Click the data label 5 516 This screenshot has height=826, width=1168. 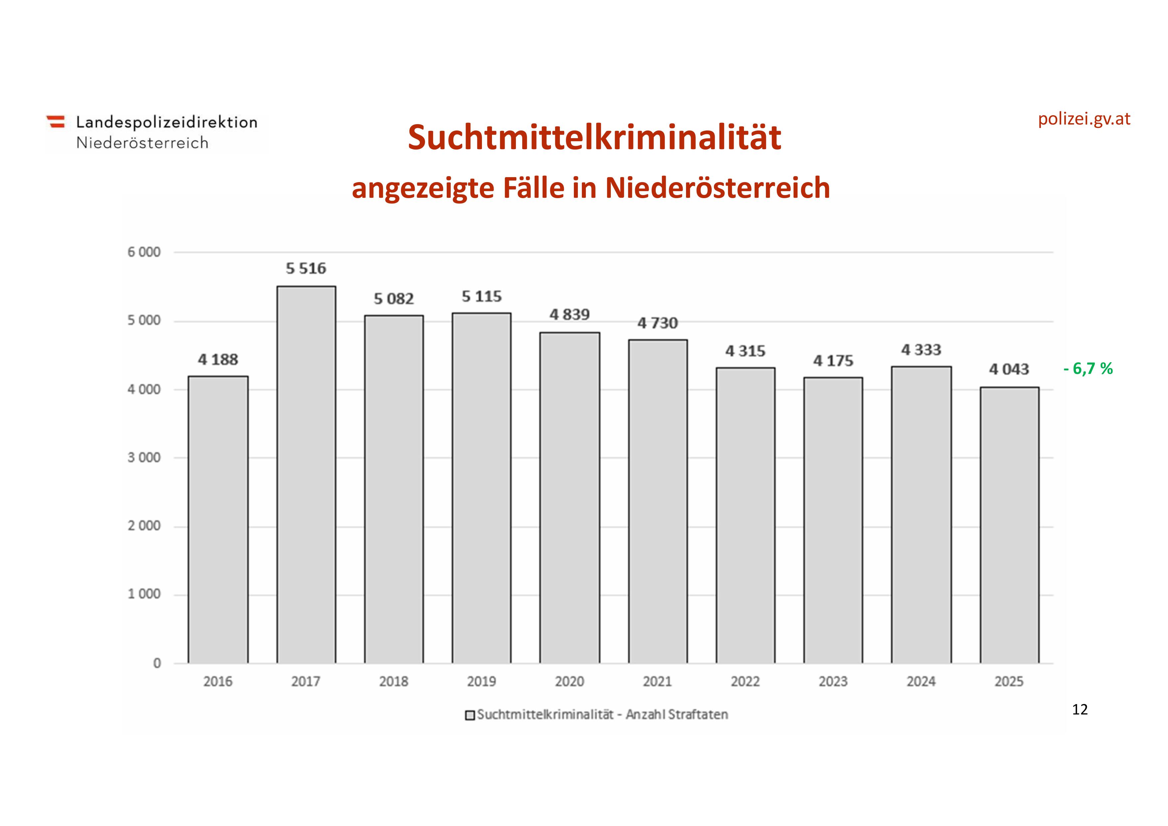[306, 268]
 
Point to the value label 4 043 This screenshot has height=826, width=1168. [1009, 369]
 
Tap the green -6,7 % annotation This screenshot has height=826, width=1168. [1088, 369]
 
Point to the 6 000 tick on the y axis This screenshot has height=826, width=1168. [144, 252]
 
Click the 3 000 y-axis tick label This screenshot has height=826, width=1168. [144, 457]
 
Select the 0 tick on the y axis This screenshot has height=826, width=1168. [157, 663]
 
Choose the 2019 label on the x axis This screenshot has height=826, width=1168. [481, 682]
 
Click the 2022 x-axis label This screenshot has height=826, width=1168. [745, 682]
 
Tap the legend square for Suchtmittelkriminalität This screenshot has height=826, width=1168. [470, 715]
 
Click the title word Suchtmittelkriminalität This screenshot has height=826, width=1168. [594, 138]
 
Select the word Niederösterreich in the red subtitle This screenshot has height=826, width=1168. [717, 188]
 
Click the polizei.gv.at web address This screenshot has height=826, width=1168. [1084, 119]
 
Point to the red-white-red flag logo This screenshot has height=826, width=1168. [56, 122]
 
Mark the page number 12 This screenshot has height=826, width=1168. [1079, 709]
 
